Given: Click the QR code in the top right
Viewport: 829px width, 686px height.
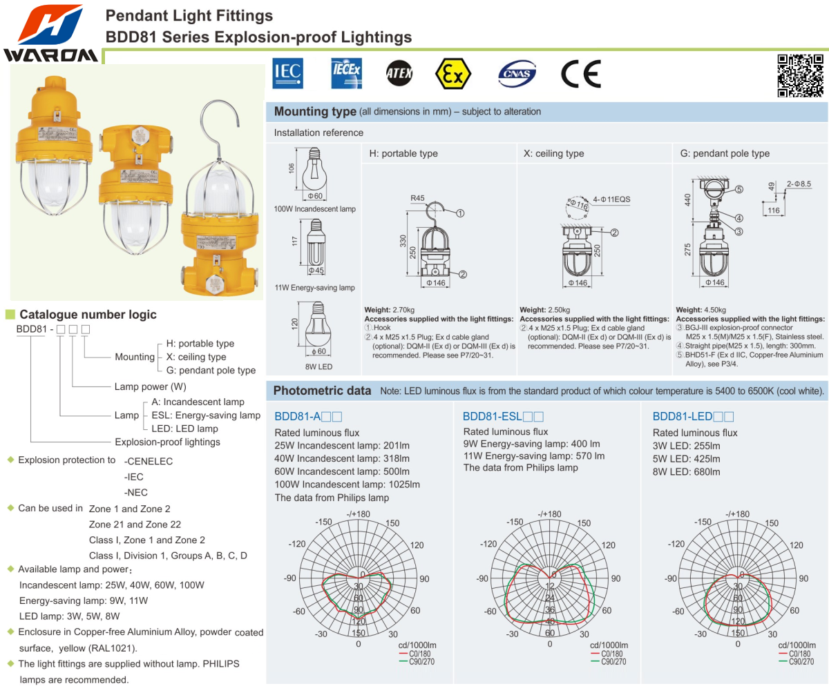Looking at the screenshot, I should [x=801, y=75].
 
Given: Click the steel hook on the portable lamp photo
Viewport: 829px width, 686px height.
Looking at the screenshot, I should [x=218, y=131].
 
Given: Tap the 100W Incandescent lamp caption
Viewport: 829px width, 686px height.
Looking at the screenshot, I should [x=315, y=208].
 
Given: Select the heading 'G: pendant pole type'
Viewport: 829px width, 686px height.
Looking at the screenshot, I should [x=725, y=153].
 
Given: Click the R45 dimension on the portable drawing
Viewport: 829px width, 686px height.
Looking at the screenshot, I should [x=417, y=198].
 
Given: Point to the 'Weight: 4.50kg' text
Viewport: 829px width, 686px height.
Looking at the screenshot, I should [x=700, y=310].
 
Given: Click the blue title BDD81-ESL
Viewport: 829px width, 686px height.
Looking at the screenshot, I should [x=493, y=416].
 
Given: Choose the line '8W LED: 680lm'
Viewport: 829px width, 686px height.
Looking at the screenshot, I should [x=687, y=472].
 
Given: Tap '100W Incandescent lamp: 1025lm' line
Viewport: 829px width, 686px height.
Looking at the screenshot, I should [x=347, y=484].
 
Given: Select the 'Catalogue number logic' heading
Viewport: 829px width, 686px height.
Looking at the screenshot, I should [x=88, y=315].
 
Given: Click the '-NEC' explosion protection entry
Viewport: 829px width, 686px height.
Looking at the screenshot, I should [x=135, y=492].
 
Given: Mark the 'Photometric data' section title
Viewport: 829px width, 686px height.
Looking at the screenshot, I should [x=322, y=391].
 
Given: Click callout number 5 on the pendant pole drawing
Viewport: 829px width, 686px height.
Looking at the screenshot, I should [x=739, y=189].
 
